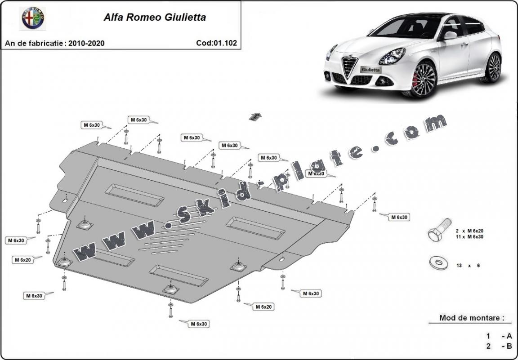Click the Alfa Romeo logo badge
(34, 18)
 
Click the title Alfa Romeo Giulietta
(155, 18)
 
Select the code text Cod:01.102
(217, 43)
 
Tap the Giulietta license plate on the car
(371, 70)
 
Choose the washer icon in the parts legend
(438, 263)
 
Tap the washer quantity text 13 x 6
(468, 266)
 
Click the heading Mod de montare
(470, 318)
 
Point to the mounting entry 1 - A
(499, 336)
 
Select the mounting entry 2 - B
(499, 346)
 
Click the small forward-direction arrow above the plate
(255, 117)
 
